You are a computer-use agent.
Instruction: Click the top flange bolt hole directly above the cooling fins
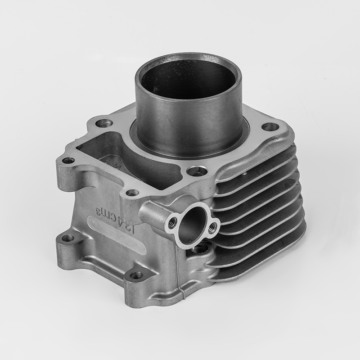click(270, 127)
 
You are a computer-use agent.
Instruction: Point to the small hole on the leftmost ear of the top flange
click(68, 160)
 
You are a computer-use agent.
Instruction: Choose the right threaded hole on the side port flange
click(213, 226)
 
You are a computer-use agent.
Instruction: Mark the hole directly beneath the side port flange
click(201, 248)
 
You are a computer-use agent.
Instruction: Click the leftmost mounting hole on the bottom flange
click(68, 238)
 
